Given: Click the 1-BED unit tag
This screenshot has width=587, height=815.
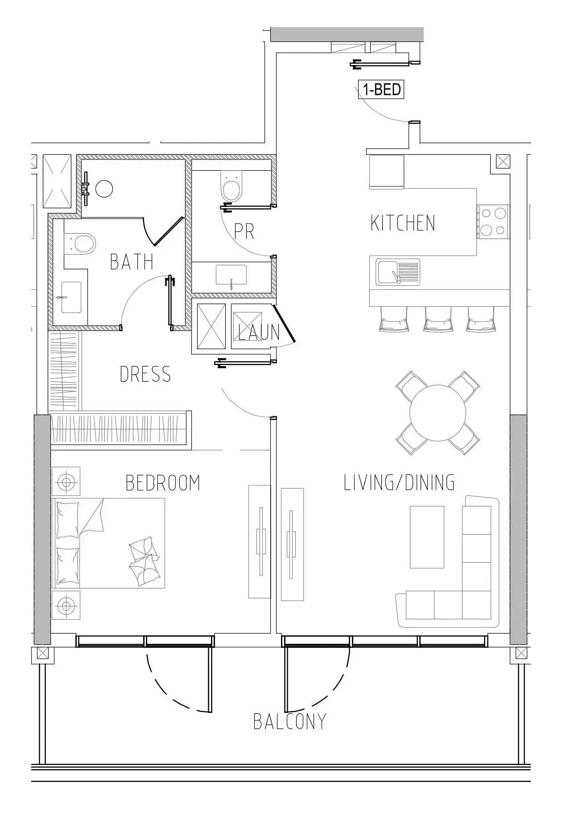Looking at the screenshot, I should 382,90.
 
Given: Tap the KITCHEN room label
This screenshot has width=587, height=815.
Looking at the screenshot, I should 402,223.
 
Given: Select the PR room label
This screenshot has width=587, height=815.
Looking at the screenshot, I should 244,231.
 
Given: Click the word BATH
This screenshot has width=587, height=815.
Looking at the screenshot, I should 132,262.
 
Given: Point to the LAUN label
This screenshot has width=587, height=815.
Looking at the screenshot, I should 258,332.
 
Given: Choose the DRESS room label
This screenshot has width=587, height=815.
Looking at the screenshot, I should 145,374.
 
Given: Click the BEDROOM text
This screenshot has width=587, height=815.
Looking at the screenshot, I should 163,483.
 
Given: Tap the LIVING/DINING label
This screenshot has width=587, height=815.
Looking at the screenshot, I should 399,482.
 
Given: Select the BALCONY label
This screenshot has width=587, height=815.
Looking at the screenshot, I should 289,721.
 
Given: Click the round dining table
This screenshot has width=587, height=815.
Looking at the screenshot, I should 438,413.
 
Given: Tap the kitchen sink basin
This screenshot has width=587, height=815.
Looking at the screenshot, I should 386,272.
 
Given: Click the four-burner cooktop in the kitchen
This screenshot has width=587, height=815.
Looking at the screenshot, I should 492,222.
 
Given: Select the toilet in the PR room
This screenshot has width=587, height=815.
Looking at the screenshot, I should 232,187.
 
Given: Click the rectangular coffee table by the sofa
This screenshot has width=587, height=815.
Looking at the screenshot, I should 427,537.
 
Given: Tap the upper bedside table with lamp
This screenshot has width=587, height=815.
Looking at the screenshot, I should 66,482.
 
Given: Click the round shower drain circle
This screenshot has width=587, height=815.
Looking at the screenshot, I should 104,189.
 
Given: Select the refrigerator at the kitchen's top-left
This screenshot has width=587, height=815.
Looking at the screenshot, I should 386,172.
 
